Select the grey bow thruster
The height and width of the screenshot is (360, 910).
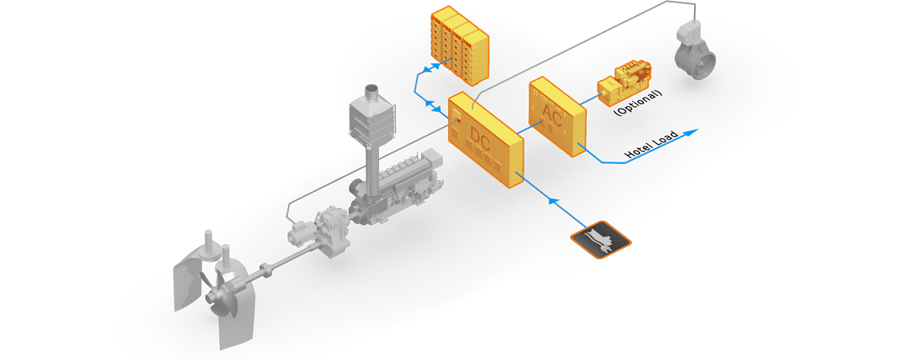coord(692,50)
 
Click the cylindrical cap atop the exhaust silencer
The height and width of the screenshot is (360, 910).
coord(371,92)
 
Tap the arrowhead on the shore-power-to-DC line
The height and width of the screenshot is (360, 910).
coord(553,201)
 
